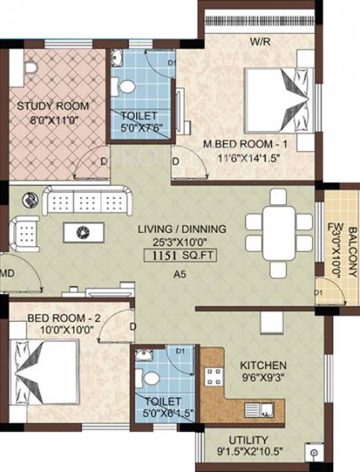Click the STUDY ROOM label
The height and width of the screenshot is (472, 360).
pyautogui.click(x=53, y=105)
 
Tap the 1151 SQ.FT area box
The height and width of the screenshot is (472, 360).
pyautogui.click(x=182, y=255)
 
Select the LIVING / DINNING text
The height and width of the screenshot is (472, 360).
pyautogui.click(x=182, y=229)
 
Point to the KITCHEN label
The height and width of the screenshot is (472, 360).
pyautogui.click(x=264, y=366)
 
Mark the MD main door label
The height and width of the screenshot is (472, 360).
pyautogui.click(x=7, y=273)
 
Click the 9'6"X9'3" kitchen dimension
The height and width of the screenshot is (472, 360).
pyautogui.click(x=264, y=379)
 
